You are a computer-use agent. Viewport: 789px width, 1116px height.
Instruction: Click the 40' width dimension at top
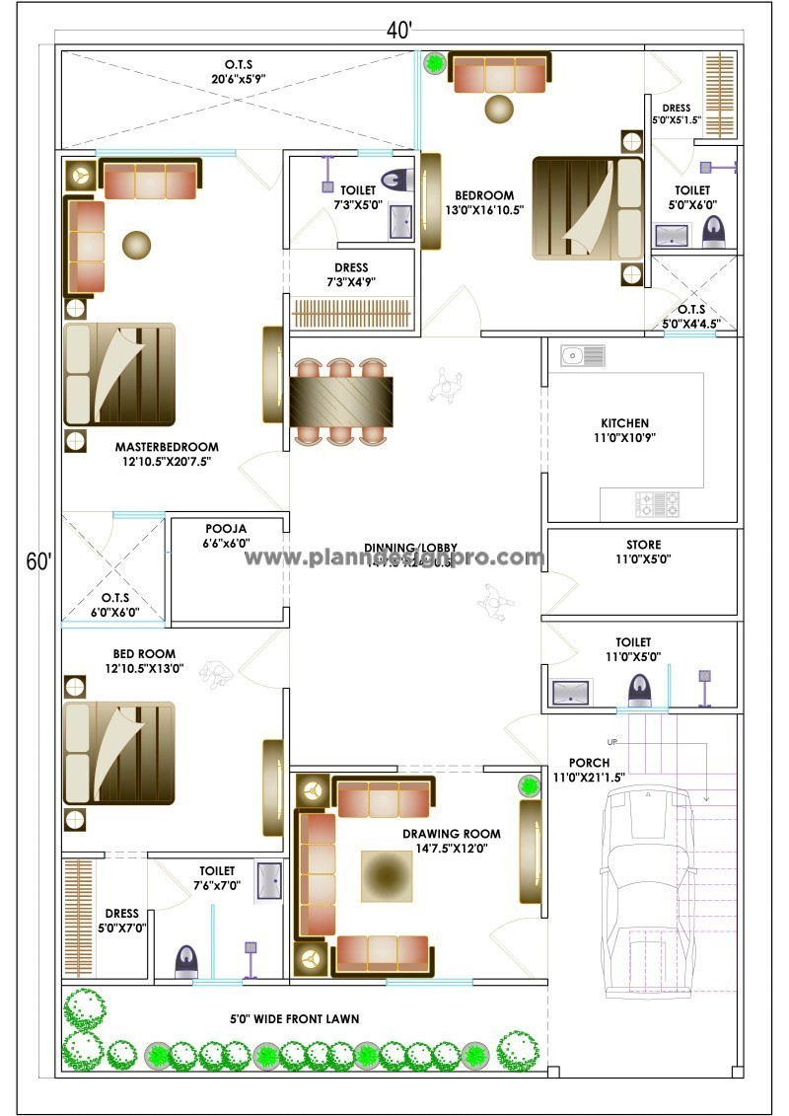398,30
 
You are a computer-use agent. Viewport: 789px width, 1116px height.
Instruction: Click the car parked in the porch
647,888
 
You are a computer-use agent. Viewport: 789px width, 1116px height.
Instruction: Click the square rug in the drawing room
388,876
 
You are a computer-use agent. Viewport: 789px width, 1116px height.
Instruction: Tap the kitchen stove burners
658,504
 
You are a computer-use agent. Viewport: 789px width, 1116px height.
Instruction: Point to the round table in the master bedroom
136,243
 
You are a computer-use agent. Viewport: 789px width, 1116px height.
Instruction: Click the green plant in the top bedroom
434,64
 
